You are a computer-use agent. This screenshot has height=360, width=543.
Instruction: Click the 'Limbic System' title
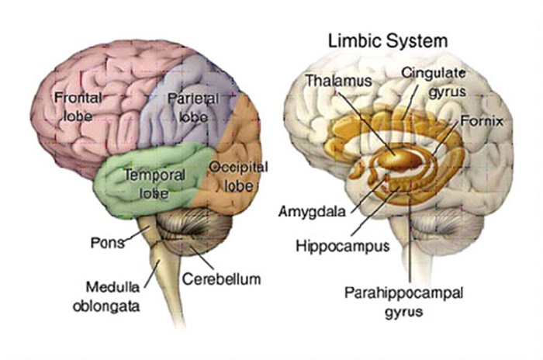388,41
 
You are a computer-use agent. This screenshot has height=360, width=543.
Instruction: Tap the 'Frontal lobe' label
78,107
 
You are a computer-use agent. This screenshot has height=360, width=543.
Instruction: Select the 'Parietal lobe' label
193,107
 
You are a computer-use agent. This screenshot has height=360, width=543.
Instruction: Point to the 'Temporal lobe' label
154,184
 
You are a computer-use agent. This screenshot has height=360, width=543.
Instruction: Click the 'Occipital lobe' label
239,177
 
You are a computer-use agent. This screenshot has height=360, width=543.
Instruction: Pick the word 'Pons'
107,243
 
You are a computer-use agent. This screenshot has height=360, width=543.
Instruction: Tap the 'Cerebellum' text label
221,279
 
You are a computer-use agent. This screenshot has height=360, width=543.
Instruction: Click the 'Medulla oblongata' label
107,296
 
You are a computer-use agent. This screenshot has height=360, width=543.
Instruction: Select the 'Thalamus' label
338,81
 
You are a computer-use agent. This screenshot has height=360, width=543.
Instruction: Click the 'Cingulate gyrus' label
434,82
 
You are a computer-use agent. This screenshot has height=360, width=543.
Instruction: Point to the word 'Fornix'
482,121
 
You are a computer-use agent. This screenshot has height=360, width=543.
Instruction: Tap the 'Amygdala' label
312,211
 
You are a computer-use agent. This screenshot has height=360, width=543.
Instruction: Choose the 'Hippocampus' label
343,246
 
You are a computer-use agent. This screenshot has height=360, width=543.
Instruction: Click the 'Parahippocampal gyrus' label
404,302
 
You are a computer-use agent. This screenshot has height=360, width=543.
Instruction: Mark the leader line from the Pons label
137,234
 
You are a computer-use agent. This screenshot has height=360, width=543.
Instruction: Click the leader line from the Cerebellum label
200,258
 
